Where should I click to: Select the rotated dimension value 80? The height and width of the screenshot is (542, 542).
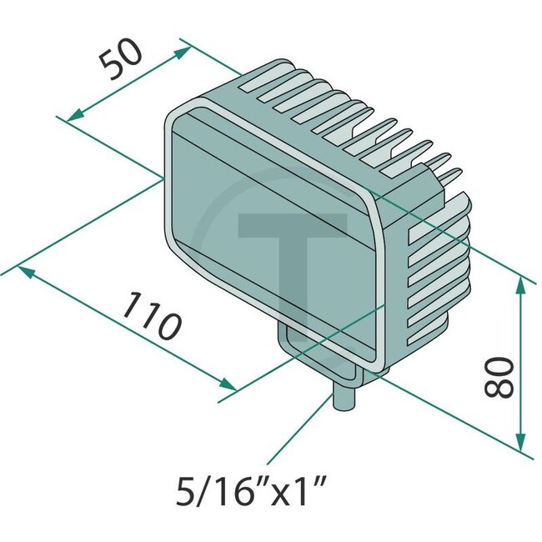coord(499,376)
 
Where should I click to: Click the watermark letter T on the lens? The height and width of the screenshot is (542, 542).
coord(292,250)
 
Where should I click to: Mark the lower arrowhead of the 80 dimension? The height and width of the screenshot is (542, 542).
coord(521,442)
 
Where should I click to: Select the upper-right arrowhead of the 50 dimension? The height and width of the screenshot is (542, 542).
coord(184,51)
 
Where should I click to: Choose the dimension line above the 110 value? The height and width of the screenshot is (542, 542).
coord(125,328)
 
